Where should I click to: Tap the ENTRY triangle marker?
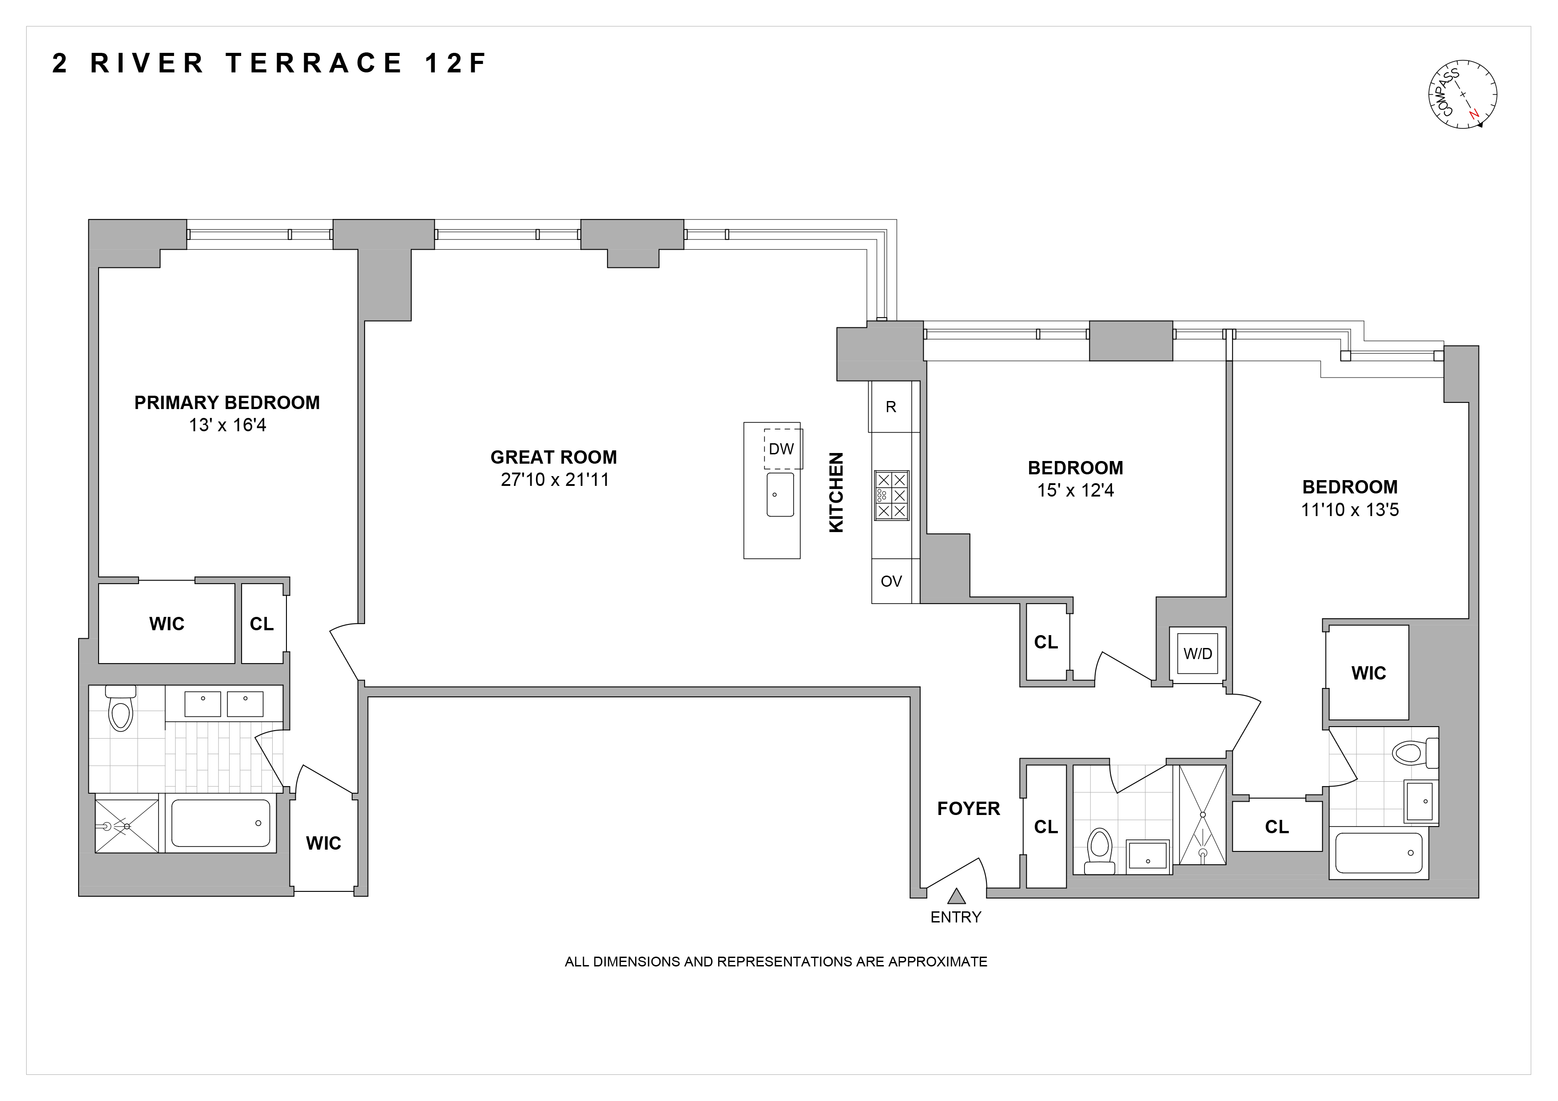point(956,897)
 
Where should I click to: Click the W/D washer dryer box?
point(1198,654)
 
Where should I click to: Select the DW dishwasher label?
point(782,449)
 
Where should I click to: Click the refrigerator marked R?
point(891,407)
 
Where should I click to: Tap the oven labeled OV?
point(891,581)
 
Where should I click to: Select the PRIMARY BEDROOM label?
point(227,403)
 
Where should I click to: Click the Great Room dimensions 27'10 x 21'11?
point(554,480)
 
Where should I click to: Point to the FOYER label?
point(968,809)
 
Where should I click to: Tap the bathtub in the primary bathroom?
point(221,823)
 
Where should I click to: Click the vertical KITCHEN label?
point(836,493)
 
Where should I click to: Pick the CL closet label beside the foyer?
point(1045,827)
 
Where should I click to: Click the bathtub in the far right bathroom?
point(1379,853)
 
